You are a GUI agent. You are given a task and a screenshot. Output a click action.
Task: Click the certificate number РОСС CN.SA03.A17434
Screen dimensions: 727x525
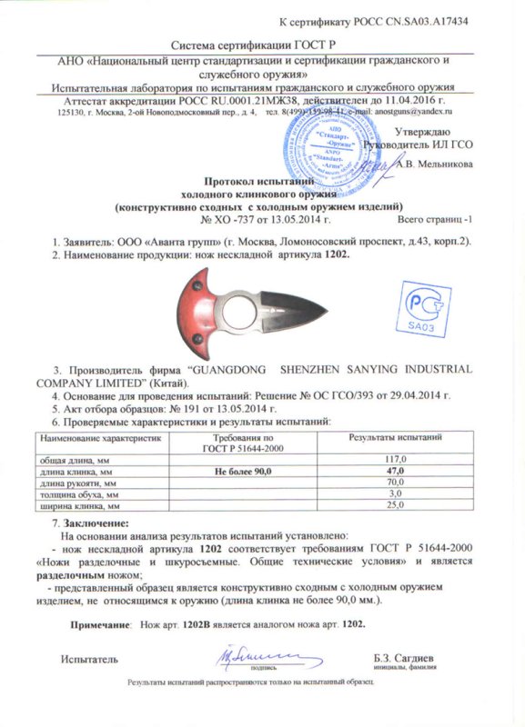(429, 21)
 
